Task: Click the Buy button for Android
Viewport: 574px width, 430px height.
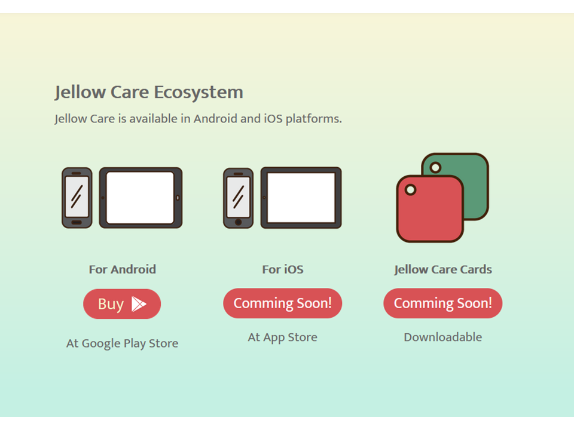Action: [122, 304]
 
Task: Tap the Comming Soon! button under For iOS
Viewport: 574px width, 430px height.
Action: [283, 303]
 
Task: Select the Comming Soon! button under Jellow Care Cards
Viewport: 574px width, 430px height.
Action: [443, 303]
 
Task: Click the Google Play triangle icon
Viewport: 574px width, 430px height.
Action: [139, 304]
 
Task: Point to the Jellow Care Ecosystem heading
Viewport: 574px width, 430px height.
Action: [149, 93]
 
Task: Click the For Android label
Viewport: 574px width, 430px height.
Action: [122, 269]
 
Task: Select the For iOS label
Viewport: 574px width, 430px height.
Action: [283, 269]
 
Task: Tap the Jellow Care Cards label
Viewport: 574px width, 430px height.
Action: [443, 269]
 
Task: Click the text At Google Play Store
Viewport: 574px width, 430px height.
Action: [122, 343]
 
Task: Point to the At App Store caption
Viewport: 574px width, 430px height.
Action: [283, 337]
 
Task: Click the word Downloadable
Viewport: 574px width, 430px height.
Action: [443, 337]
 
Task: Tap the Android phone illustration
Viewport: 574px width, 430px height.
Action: [77, 198]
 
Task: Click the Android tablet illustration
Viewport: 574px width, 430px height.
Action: [141, 198]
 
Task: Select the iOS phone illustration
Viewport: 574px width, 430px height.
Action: [239, 198]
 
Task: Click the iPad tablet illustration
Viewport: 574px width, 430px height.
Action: [301, 198]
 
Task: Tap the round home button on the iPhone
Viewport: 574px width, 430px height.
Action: [239, 222]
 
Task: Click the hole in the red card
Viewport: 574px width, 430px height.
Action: [410, 190]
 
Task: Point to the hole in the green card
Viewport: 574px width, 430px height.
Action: [435, 167]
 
